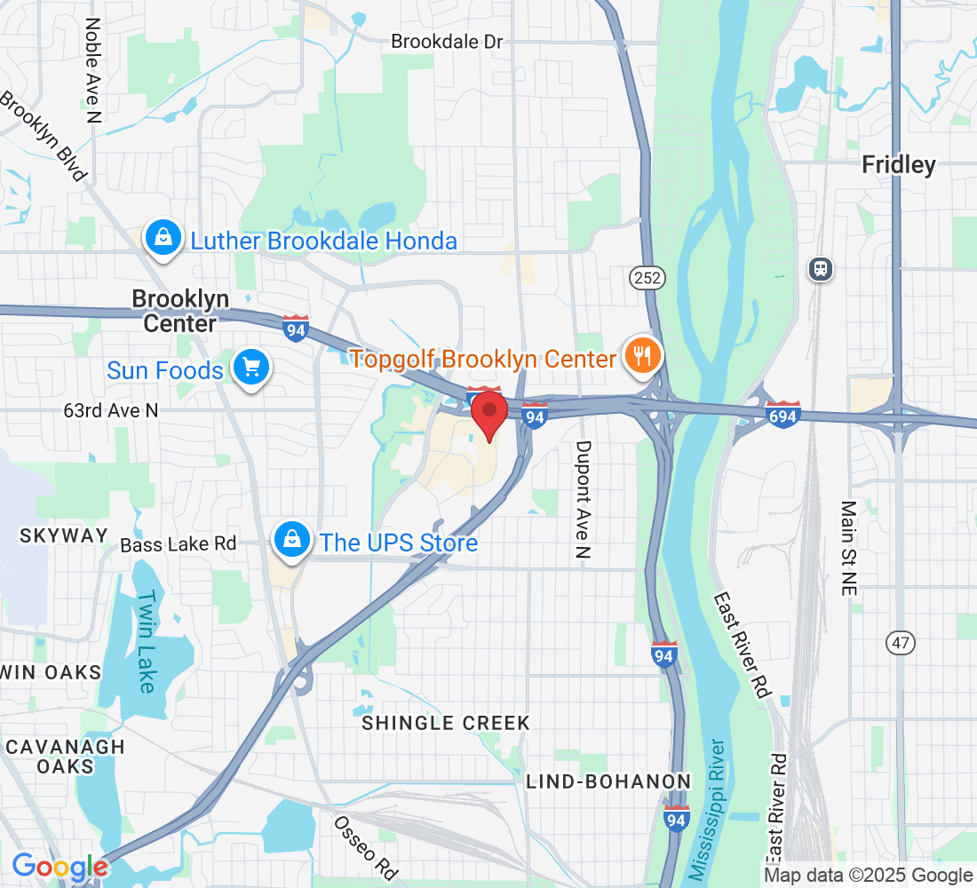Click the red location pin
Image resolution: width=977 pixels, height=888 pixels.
pos(488,413)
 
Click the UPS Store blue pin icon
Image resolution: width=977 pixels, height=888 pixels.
pos(290,540)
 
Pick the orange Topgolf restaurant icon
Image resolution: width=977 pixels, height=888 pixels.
pos(640,357)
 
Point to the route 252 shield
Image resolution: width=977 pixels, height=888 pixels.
pos(647,278)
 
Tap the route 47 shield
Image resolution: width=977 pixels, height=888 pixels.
pos(899,643)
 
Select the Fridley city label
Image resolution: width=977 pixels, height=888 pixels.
pos(899,165)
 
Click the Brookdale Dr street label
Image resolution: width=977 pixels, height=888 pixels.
pos(448,42)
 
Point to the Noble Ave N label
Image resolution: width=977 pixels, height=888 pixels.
pos(92,68)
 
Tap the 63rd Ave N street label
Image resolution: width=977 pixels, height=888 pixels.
pos(111,410)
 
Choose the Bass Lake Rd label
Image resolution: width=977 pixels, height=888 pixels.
pos(179,543)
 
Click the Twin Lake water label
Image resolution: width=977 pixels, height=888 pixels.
pos(147,642)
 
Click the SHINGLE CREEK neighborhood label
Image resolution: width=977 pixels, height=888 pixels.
pos(445,723)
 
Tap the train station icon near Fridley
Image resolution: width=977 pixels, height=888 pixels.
pos(821,268)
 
